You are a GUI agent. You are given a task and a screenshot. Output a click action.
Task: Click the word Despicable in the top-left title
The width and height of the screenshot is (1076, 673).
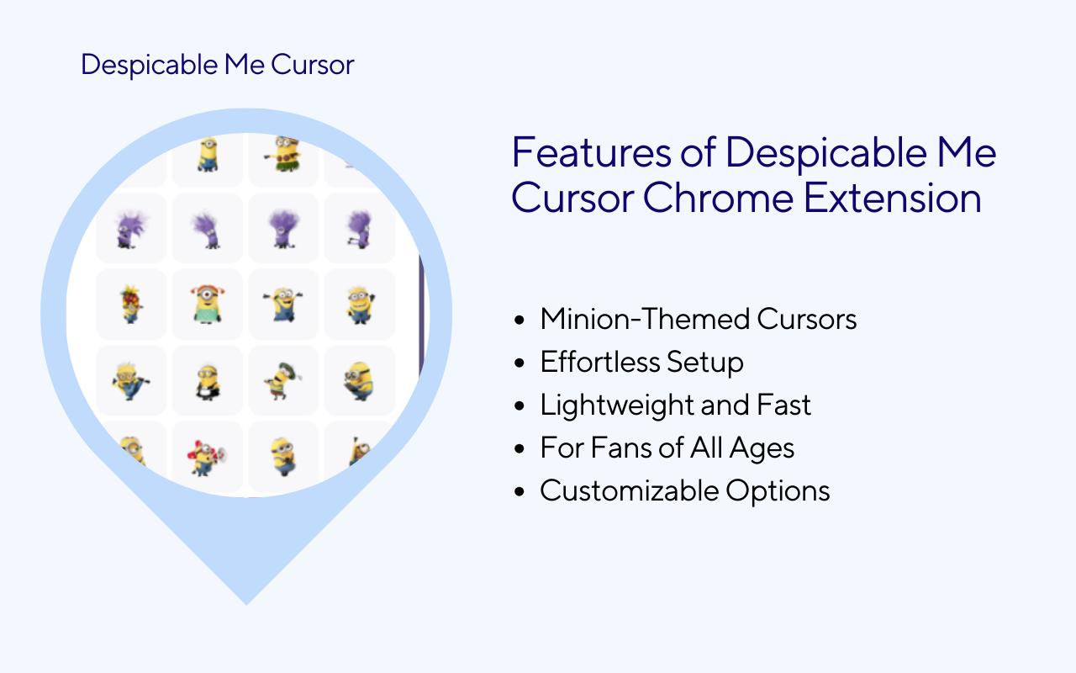click(x=137, y=65)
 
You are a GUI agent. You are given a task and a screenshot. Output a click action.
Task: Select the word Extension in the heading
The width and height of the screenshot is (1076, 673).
click(x=893, y=199)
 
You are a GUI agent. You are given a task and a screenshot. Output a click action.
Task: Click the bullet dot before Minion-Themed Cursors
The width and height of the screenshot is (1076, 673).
click(x=521, y=321)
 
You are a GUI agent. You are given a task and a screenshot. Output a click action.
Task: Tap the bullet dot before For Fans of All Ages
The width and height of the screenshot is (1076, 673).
click(x=521, y=449)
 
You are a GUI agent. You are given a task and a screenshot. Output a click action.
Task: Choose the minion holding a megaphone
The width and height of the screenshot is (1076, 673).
click(x=207, y=457)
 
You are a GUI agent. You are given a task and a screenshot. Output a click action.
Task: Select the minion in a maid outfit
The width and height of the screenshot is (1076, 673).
click(x=207, y=381)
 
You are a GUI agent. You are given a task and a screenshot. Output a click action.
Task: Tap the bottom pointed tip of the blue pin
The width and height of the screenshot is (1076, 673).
click(x=246, y=603)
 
